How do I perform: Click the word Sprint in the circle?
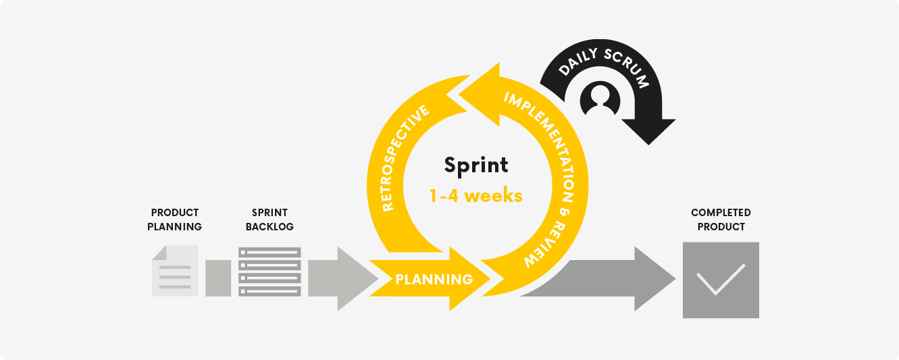(x=476, y=166)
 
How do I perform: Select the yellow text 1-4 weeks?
(x=476, y=196)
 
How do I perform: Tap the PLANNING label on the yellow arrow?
(x=434, y=280)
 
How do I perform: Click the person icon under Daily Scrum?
(x=600, y=99)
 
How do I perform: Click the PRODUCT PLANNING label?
(x=174, y=220)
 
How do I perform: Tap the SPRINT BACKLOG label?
(x=269, y=220)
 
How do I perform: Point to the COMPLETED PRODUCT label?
(x=721, y=220)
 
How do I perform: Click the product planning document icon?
(x=175, y=271)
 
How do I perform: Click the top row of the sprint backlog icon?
(x=269, y=253)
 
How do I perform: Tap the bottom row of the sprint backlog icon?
(x=269, y=291)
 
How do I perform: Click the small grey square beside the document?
(x=218, y=278)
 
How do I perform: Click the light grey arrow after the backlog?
(x=343, y=278)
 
